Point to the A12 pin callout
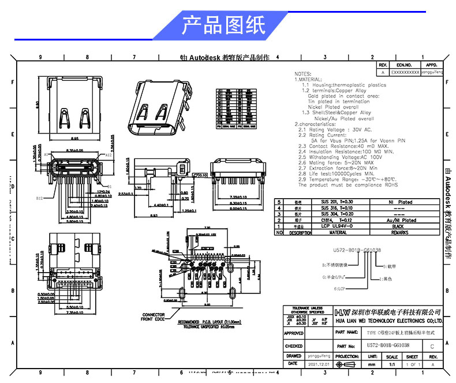point(107,155)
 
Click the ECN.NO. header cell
point(404,65)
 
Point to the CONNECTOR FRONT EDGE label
point(153,317)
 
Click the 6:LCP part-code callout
point(341,287)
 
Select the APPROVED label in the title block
point(294,333)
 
